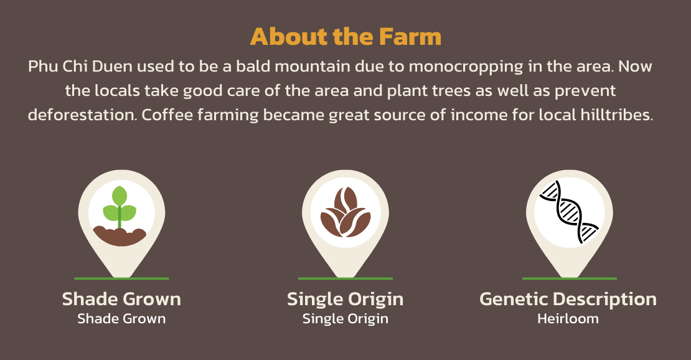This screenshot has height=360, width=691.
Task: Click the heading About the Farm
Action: tap(345, 37)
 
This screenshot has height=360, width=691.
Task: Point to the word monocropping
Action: tap(466, 67)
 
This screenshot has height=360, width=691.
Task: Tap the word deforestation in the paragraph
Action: tap(82, 115)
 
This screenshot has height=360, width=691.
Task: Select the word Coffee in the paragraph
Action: tap(167, 115)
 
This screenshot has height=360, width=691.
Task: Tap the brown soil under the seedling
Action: tap(120, 236)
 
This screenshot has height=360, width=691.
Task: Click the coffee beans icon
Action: tap(345, 212)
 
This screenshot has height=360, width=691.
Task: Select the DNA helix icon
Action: tap(569, 212)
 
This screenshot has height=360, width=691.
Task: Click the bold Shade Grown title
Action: tap(121, 299)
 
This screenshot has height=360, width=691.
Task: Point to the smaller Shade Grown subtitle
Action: tap(121, 318)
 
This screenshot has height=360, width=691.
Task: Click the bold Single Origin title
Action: tap(345, 300)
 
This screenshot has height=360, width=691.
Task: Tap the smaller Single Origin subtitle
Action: tap(345, 319)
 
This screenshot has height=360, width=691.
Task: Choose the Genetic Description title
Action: tap(568, 300)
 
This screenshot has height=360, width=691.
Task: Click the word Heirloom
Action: tap(568, 318)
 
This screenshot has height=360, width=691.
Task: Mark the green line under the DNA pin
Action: tap(570, 278)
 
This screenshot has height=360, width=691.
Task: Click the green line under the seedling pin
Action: tap(121, 278)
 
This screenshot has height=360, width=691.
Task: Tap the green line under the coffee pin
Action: tap(345, 278)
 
